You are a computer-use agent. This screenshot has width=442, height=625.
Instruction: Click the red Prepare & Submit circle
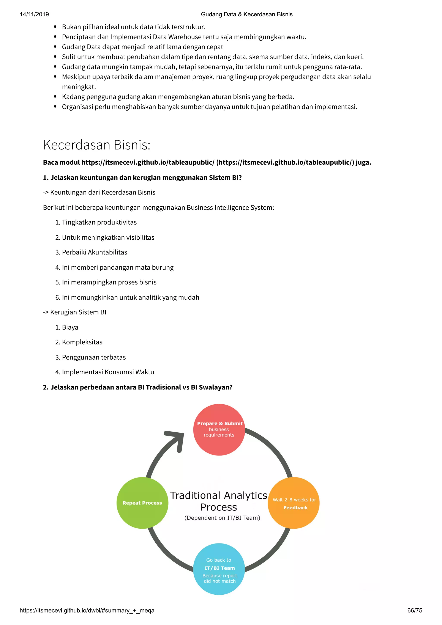pos(219,430)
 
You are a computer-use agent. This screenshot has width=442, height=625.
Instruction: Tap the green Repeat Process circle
pos(142,503)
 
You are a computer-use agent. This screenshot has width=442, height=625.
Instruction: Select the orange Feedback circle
pos(294,503)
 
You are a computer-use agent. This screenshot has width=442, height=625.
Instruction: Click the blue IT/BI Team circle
pos(219,569)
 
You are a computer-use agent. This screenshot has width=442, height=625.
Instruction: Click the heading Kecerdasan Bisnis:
pos(97,145)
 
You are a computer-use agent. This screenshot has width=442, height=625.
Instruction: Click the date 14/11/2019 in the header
pos(34,14)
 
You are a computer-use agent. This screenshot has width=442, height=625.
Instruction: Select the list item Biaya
pos(70,327)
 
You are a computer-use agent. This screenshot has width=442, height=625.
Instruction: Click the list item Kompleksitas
pos(82,342)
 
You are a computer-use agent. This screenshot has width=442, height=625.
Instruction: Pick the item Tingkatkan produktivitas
pos(99,222)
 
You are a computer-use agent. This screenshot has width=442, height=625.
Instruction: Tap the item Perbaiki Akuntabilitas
pos(95,252)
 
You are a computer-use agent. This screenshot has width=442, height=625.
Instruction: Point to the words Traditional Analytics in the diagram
pos(219,495)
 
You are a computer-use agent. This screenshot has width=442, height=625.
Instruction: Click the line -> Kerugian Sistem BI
pos(75,312)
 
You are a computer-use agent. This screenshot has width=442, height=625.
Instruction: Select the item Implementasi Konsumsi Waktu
pos(108,372)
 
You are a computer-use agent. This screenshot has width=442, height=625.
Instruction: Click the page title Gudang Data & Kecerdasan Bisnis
pos(246,14)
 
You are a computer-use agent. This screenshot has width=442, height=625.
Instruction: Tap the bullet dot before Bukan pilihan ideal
pos(55,27)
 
